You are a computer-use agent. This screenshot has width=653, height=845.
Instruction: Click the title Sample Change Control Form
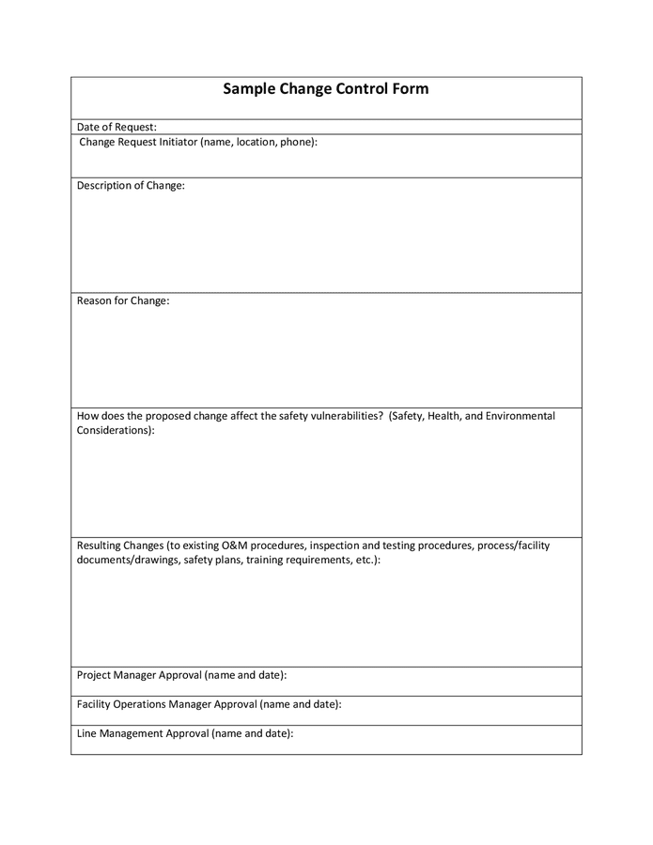(325, 89)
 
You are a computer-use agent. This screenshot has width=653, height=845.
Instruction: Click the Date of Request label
(117, 127)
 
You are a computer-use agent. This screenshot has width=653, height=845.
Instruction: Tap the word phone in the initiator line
(298, 142)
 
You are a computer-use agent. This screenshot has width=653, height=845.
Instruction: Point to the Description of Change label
(131, 185)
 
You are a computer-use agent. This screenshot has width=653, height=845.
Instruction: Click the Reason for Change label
(123, 300)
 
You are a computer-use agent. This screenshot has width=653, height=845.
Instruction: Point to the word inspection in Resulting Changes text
(337, 545)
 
